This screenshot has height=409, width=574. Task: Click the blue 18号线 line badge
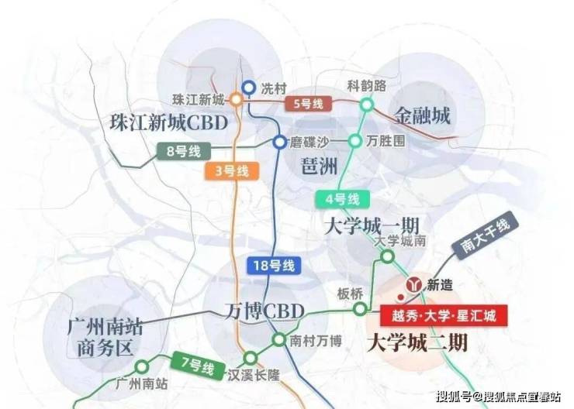[274, 266]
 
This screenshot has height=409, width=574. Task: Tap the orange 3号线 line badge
[232, 170]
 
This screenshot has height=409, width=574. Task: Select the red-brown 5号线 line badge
[309, 104]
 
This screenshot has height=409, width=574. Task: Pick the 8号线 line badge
[184, 151]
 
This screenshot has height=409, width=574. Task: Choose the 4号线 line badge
[343, 200]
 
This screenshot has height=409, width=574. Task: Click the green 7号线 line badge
[198, 364]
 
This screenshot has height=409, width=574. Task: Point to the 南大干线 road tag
[485, 235]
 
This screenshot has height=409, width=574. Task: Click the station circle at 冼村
[249, 88]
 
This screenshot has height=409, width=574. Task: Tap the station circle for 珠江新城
[236, 99]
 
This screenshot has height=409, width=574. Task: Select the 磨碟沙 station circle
[280, 142]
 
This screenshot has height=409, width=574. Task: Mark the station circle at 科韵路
[367, 105]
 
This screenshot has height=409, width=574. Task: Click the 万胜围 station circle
[354, 141]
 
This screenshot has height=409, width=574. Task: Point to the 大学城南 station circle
[387, 256]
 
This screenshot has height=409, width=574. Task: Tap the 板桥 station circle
[360, 309]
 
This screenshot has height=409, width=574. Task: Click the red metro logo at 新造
[414, 284]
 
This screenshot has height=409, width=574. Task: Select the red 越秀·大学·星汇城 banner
[444, 315]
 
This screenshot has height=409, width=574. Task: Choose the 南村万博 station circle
[278, 339]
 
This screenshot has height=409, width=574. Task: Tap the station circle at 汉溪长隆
[251, 358]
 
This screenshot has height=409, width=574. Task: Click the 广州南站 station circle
[142, 366]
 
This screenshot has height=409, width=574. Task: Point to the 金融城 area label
[422, 116]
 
